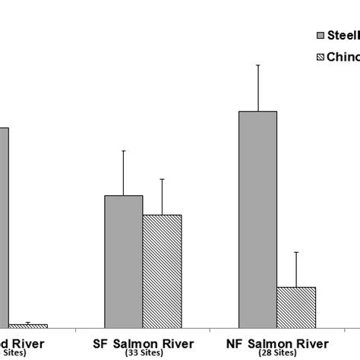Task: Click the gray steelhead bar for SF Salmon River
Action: click(x=123, y=261)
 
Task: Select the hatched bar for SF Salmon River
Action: click(x=162, y=271)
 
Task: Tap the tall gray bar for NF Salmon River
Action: click(x=257, y=219)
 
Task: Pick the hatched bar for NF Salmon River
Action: click(x=295, y=307)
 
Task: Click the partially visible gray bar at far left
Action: click(x=4, y=228)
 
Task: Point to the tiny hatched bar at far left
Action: click(x=28, y=326)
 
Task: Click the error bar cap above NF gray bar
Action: click(x=258, y=65)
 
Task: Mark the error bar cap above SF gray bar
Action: click(x=123, y=151)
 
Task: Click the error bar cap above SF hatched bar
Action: click(x=162, y=179)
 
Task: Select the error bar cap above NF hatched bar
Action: click(x=295, y=252)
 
